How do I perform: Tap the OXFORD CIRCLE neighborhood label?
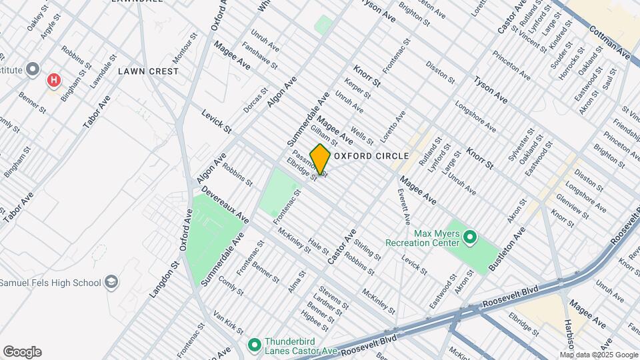pos(371,156)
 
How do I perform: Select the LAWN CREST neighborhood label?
pos(148,71)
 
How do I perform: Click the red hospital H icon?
pos(54,81)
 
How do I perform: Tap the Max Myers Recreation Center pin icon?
pos(469,237)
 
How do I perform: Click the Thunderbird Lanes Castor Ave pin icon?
pos(253,345)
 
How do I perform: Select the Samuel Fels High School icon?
pos(111,282)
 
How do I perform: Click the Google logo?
pos(22,352)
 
